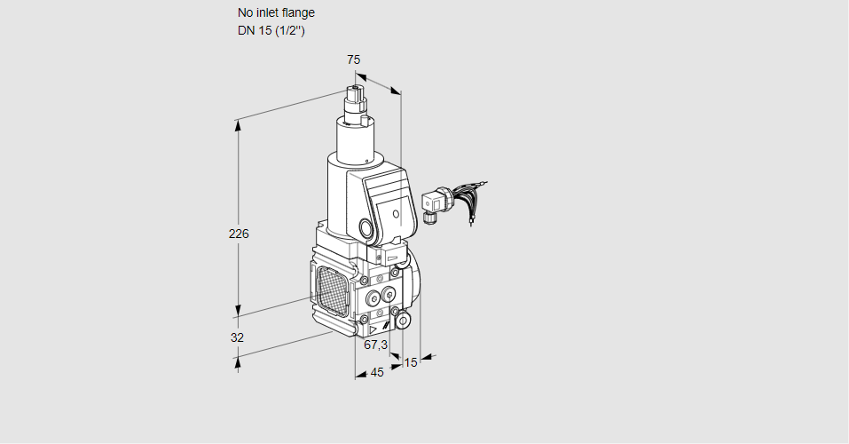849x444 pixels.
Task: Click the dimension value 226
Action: click(239, 234)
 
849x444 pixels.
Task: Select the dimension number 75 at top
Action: click(353, 59)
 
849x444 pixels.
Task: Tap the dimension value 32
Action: click(237, 337)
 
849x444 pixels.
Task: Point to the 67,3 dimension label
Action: click(376, 345)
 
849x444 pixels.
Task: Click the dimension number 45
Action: click(377, 373)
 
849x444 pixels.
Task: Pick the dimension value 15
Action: click(410, 362)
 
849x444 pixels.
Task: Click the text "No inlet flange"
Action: click(276, 13)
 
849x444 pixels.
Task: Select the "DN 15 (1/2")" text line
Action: click(271, 31)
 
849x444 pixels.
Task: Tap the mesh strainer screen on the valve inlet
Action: click(329, 289)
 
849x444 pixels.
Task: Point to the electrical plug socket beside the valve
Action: click(434, 203)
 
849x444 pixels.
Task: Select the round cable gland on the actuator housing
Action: click(366, 227)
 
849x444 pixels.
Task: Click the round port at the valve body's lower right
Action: click(403, 320)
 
